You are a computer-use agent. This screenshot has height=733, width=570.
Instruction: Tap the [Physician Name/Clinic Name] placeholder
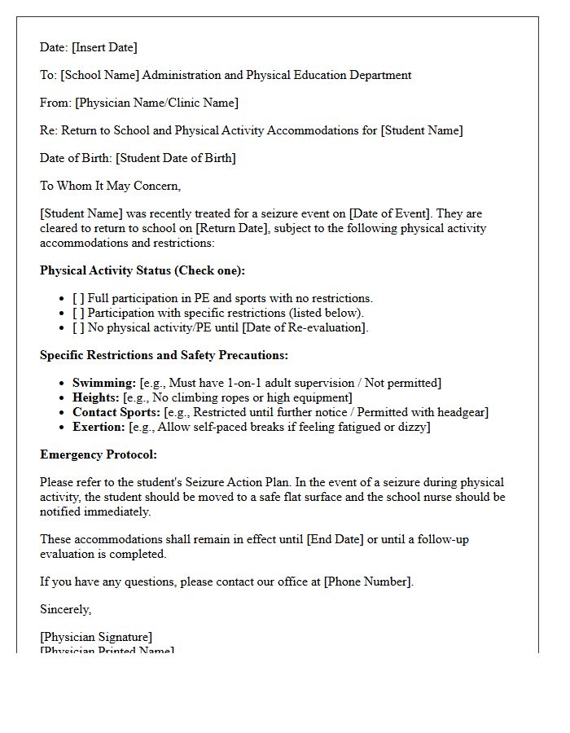coord(157,103)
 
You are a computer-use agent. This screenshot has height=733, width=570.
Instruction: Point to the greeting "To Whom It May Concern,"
coord(111,186)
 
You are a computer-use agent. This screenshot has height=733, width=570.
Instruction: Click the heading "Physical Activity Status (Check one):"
coord(142,270)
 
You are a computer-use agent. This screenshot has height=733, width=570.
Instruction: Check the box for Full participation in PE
coord(78,298)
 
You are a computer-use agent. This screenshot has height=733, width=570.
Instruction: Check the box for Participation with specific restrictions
coord(78,313)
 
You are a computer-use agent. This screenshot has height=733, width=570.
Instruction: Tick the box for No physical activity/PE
coord(78,327)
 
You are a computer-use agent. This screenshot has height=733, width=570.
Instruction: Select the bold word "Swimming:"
coord(104,383)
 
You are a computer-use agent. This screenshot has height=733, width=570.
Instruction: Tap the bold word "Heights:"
coord(96,397)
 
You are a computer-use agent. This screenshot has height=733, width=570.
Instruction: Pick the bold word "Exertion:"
coord(99,427)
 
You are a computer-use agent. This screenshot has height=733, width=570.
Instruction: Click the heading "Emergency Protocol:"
coord(99,454)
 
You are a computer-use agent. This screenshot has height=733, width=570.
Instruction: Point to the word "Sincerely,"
coord(66,609)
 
